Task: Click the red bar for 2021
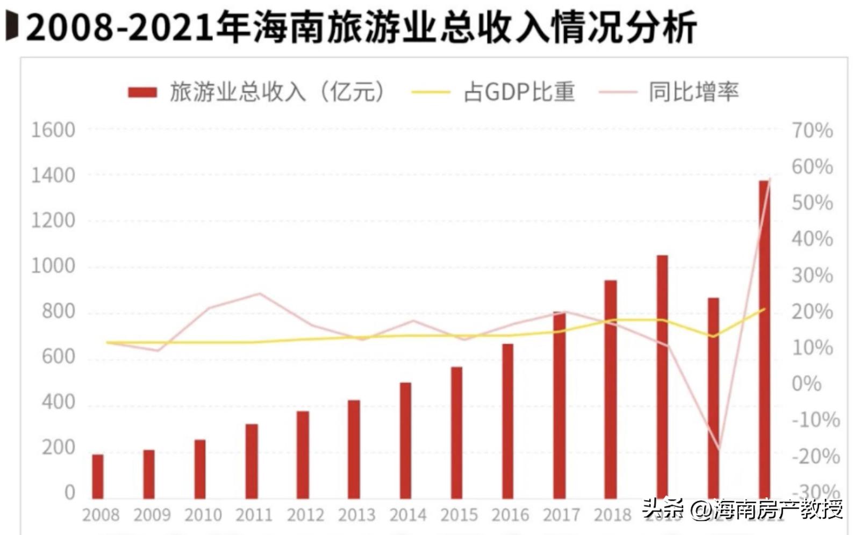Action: tap(764, 338)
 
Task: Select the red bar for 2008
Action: tap(97, 476)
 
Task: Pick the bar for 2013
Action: tap(354, 449)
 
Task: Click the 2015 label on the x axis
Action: tap(459, 515)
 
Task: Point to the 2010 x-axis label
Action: tap(203, 515)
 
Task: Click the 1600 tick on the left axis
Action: tap(53, 130)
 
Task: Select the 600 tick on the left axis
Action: tap(58, 357)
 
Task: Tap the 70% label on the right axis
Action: tap(812, 131)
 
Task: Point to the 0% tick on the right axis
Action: tap(806, 384)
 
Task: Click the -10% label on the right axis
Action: tap(815, 420)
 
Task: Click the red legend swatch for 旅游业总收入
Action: tap(142, 92)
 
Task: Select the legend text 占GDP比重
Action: tap(519, 92)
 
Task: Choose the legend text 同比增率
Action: tap(693, 92)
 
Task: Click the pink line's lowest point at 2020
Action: tap(719, 449)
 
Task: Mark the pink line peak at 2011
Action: tap(260, 293)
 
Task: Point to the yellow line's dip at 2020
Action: tap(713, 336)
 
